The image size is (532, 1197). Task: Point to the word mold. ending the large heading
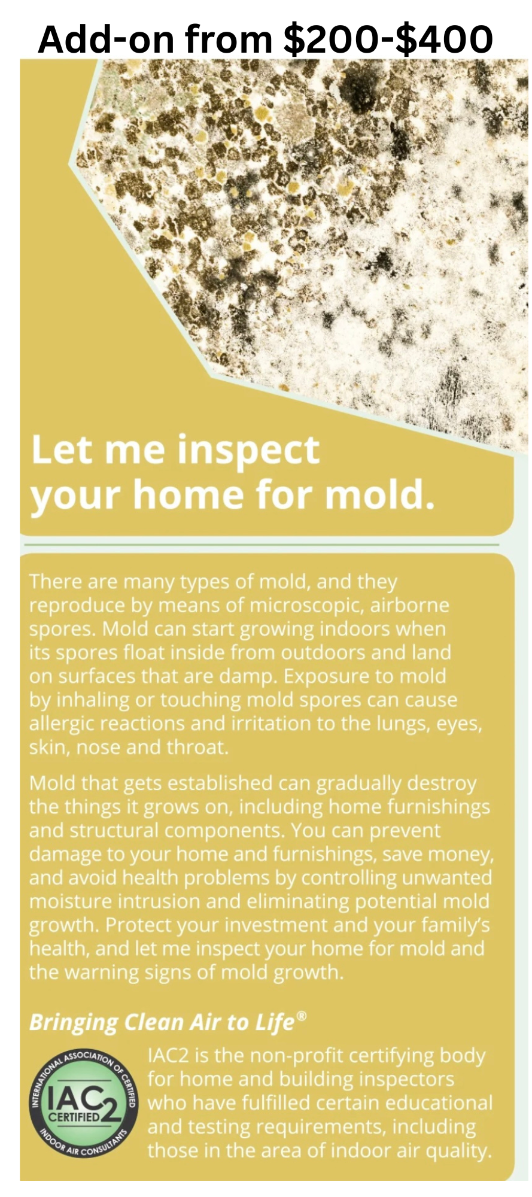(x=379, y=495)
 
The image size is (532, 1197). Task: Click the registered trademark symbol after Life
(x=302, y=1016)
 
